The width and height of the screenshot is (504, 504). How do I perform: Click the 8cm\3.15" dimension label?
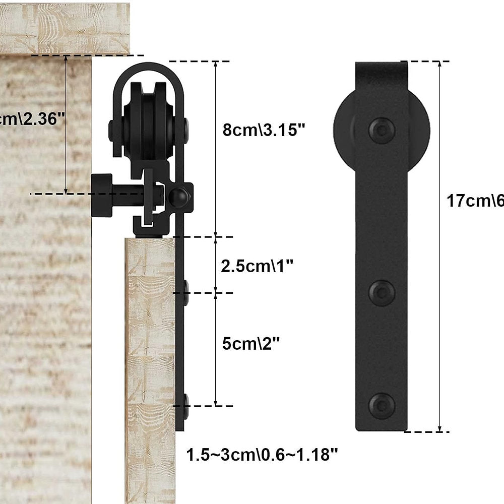tap(264, 130)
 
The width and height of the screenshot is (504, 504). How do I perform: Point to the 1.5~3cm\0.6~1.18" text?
tap(262, 455)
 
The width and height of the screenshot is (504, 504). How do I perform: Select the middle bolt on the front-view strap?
tap(382, 293)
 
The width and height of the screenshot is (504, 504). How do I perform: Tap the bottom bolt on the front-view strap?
tap(382, 405)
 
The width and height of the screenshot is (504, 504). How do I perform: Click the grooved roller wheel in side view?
tap(147, 126)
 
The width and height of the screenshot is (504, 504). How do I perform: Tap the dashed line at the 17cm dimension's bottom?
tap(426, 431)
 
